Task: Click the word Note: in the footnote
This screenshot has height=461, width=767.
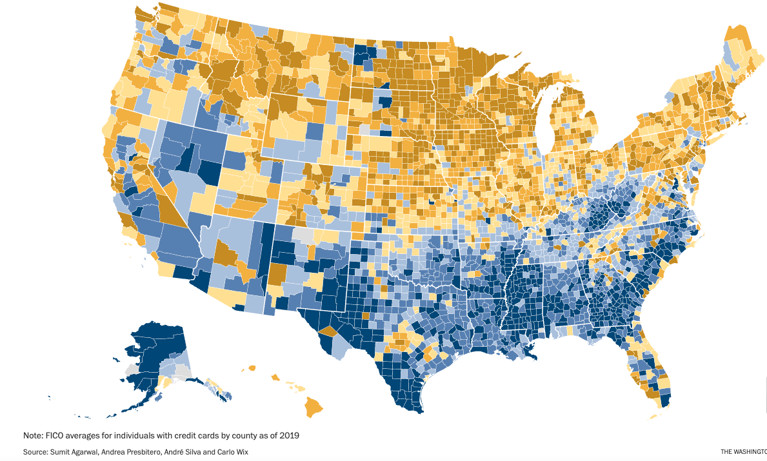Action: (x=34, y=436)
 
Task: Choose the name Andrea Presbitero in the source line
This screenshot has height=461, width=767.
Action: (x=139, y=452)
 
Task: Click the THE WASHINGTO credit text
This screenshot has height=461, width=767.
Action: (x=743, y=452)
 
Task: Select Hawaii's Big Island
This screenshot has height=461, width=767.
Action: (x=314, y=407)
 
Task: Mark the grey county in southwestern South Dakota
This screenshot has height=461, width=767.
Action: (x=365, y=129)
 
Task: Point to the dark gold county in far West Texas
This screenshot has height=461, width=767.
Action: (x=327, y=332)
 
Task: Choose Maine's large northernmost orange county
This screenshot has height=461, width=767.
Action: (x=735, y=39)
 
